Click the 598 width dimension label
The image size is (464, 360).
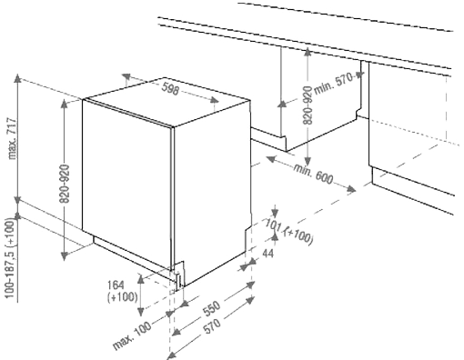[x=170, y=89]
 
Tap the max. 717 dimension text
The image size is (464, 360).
[x=13, y=138]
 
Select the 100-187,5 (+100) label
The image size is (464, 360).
[x=10, y=258]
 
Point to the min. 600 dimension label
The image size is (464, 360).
[x=313, y=175]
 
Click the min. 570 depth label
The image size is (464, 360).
[x=334, y=83]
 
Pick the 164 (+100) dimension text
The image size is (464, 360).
[x=122, y=291]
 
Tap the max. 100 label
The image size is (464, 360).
[x=132, y=335]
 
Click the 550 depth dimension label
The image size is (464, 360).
[x=211, y=308]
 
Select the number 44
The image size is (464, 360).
[x=267, y=253]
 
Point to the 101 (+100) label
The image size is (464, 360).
[x=288, y=231]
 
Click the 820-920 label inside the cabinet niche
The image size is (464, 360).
[x=308, y=105]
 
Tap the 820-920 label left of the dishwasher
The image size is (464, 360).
[x=65, y=184]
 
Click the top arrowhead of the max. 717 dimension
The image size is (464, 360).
[x=18, y=78]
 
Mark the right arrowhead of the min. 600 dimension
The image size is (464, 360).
[x=351, y=189]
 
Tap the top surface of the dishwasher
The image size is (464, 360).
[x=166, y=101]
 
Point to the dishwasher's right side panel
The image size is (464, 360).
[x=212, y=191]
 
